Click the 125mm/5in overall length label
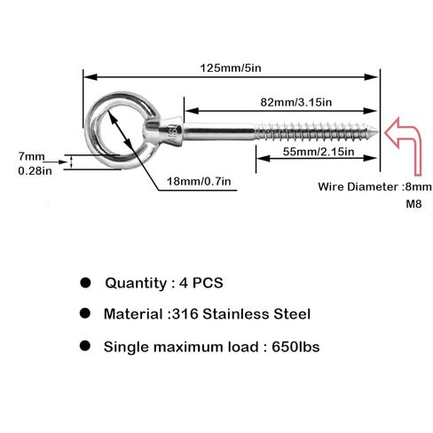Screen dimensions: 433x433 point(231,68)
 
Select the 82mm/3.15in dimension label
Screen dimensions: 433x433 point(296,102)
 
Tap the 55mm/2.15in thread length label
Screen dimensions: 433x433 point(319,152)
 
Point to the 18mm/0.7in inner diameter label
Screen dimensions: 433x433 point(199,181)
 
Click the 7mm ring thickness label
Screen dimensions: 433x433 point(31,156)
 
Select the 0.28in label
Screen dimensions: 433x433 point(35,170)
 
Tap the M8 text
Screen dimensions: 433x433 point(413,204)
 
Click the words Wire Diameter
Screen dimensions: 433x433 point(358,186)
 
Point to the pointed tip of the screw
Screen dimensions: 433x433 point(377,131)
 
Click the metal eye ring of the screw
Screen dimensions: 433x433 point(89,130)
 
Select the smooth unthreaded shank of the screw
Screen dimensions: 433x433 point(219,131)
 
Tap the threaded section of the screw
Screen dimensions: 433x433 point(315,131)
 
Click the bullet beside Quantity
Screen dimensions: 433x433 point(85,282)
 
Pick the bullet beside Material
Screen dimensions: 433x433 point(85,313)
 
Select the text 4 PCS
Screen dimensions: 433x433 point(201,283)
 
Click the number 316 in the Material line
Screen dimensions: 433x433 point(185,314)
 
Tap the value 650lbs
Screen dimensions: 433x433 point(295,346)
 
